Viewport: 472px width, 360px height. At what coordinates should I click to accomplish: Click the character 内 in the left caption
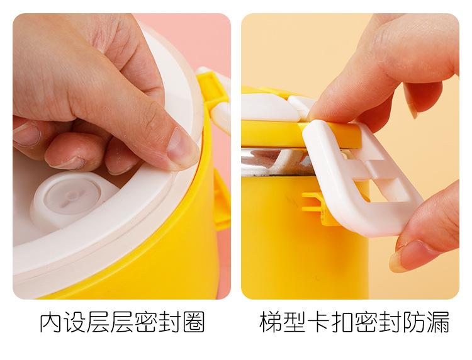(x=51, y=322)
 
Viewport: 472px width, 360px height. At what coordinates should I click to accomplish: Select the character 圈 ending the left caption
(x=194, y=322)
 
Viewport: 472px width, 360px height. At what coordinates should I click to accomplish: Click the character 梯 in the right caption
(x=271, y=322)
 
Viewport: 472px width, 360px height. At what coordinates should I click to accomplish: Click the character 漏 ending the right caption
(x=439, y=322)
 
